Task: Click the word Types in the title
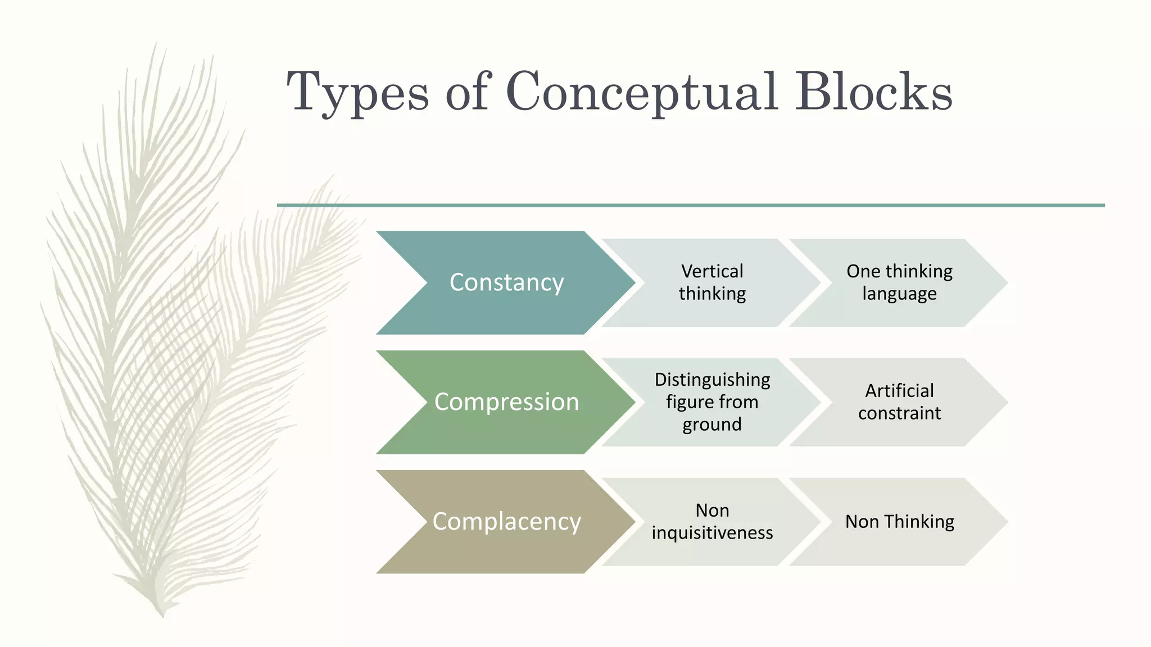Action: (358, 93)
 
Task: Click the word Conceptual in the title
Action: (642, 93)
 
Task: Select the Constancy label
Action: (506, 283)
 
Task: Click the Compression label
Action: (506, 402)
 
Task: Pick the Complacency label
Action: (506, 522)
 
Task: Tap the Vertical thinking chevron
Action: (712, 283)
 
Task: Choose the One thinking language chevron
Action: (899, 283)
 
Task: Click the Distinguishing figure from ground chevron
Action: (712, 402)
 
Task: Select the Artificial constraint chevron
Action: (899, 402)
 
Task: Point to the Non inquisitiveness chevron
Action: (712, 522)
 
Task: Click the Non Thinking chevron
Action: (899, 522)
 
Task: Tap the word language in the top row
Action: (899, 294)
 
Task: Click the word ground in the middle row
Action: (712, 425)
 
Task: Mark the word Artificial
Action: (899, 391)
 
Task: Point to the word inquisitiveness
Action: (712, 533)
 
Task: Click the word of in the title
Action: (468, 93)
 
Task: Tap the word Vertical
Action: (712, 271)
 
